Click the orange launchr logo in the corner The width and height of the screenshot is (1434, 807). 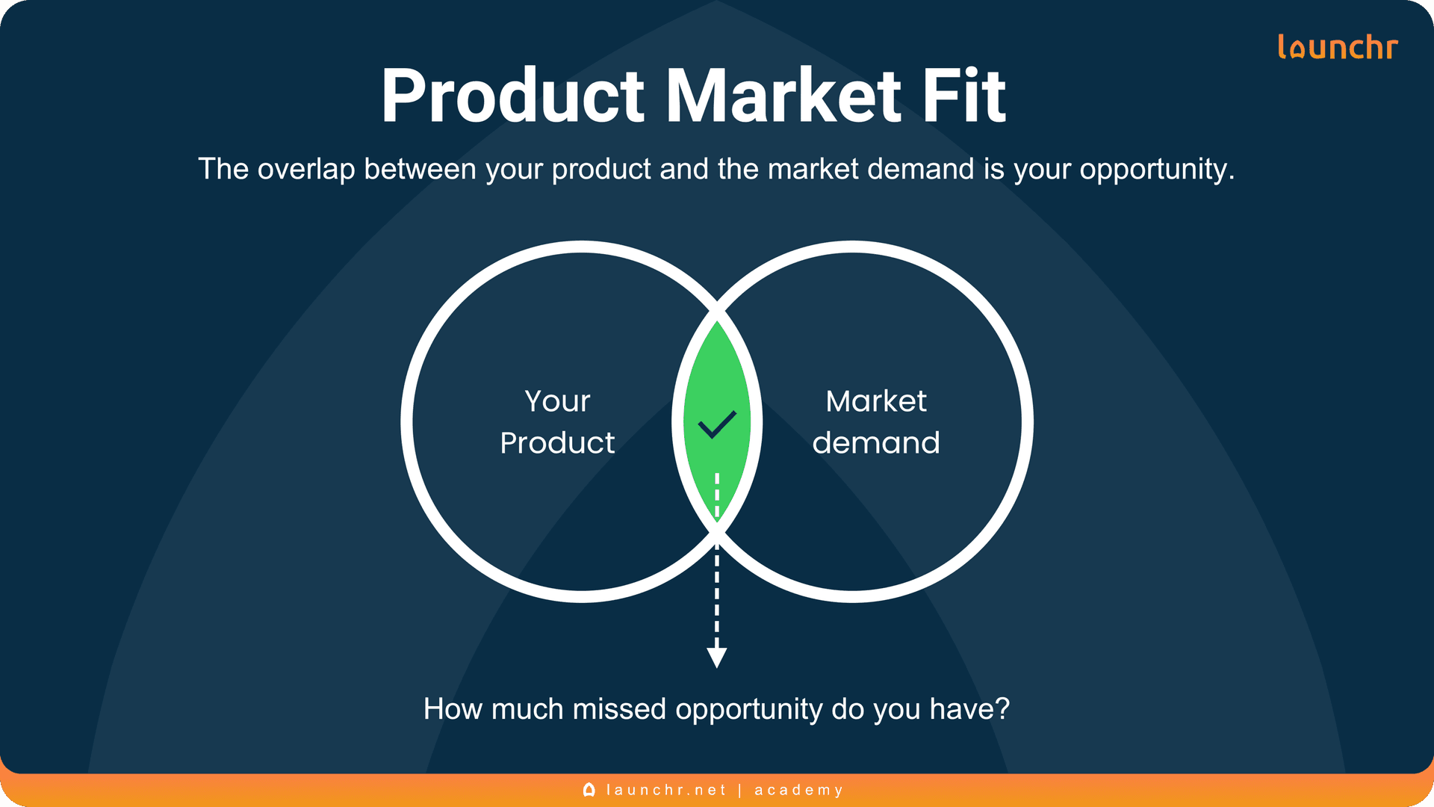1337,47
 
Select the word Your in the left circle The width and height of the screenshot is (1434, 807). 557,401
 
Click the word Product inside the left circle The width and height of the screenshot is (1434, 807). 557,443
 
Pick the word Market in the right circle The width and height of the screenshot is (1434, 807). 875,401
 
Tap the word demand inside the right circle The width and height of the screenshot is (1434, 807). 875,443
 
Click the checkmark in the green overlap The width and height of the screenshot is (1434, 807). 717,424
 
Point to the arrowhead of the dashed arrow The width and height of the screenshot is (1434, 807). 717,658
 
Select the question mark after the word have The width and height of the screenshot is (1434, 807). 1002,709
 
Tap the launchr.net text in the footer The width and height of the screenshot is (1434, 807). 666,790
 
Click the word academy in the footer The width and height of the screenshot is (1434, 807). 798,790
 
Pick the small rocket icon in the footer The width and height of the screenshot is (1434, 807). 589,790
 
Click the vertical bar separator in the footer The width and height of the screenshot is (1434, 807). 740,790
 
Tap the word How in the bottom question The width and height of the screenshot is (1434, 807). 453,709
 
